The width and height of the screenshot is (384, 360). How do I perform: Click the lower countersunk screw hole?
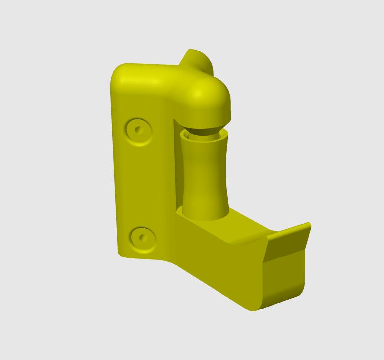[143, 238]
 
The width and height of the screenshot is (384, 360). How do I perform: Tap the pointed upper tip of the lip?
[309, 225]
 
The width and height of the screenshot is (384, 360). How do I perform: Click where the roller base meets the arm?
[204, 216]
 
